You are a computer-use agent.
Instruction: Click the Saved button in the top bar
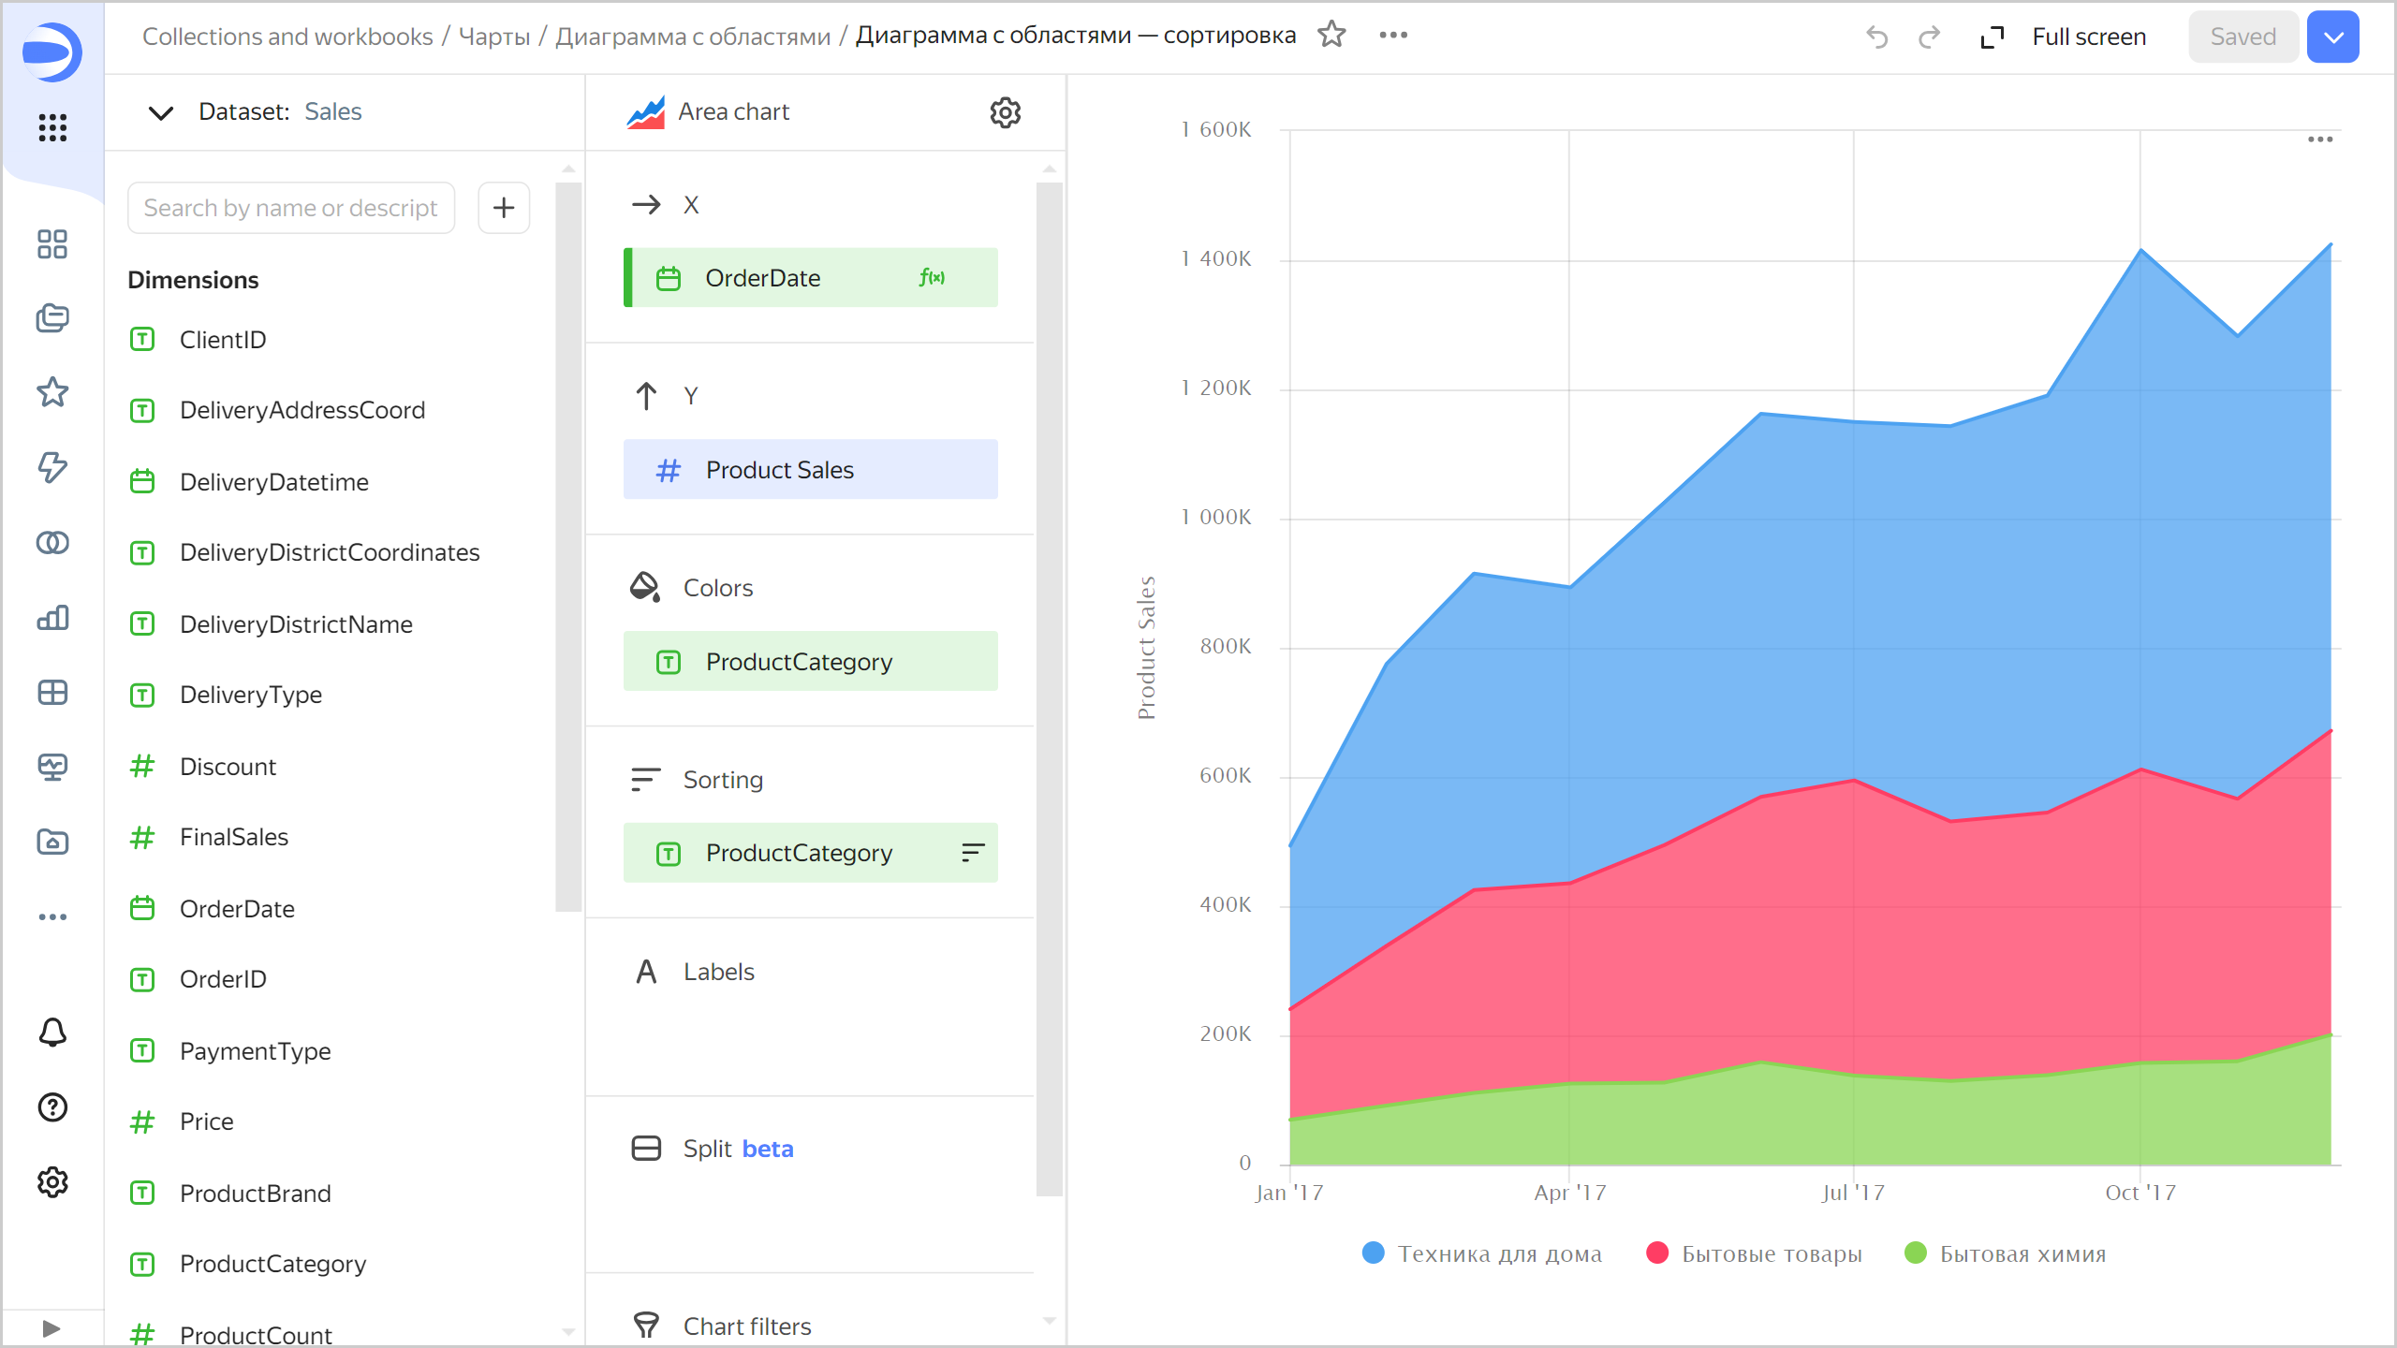(2243, 37)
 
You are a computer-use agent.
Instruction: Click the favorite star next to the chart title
(1331, 36)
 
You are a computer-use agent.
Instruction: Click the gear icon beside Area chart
(1005, 112)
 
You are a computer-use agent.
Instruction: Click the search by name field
(291, 208)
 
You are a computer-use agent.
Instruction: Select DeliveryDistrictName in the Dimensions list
(296, 624)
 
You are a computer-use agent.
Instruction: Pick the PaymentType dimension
(255, 1051)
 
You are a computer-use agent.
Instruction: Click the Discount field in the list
(228, 767)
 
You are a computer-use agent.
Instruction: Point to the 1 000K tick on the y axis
(1215, 517)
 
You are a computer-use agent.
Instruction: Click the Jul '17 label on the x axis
(1853, 1193)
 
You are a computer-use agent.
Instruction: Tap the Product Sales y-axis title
(1147, 648)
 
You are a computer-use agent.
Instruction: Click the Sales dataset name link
(332, 111)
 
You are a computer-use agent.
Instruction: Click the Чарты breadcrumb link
(494, 37)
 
